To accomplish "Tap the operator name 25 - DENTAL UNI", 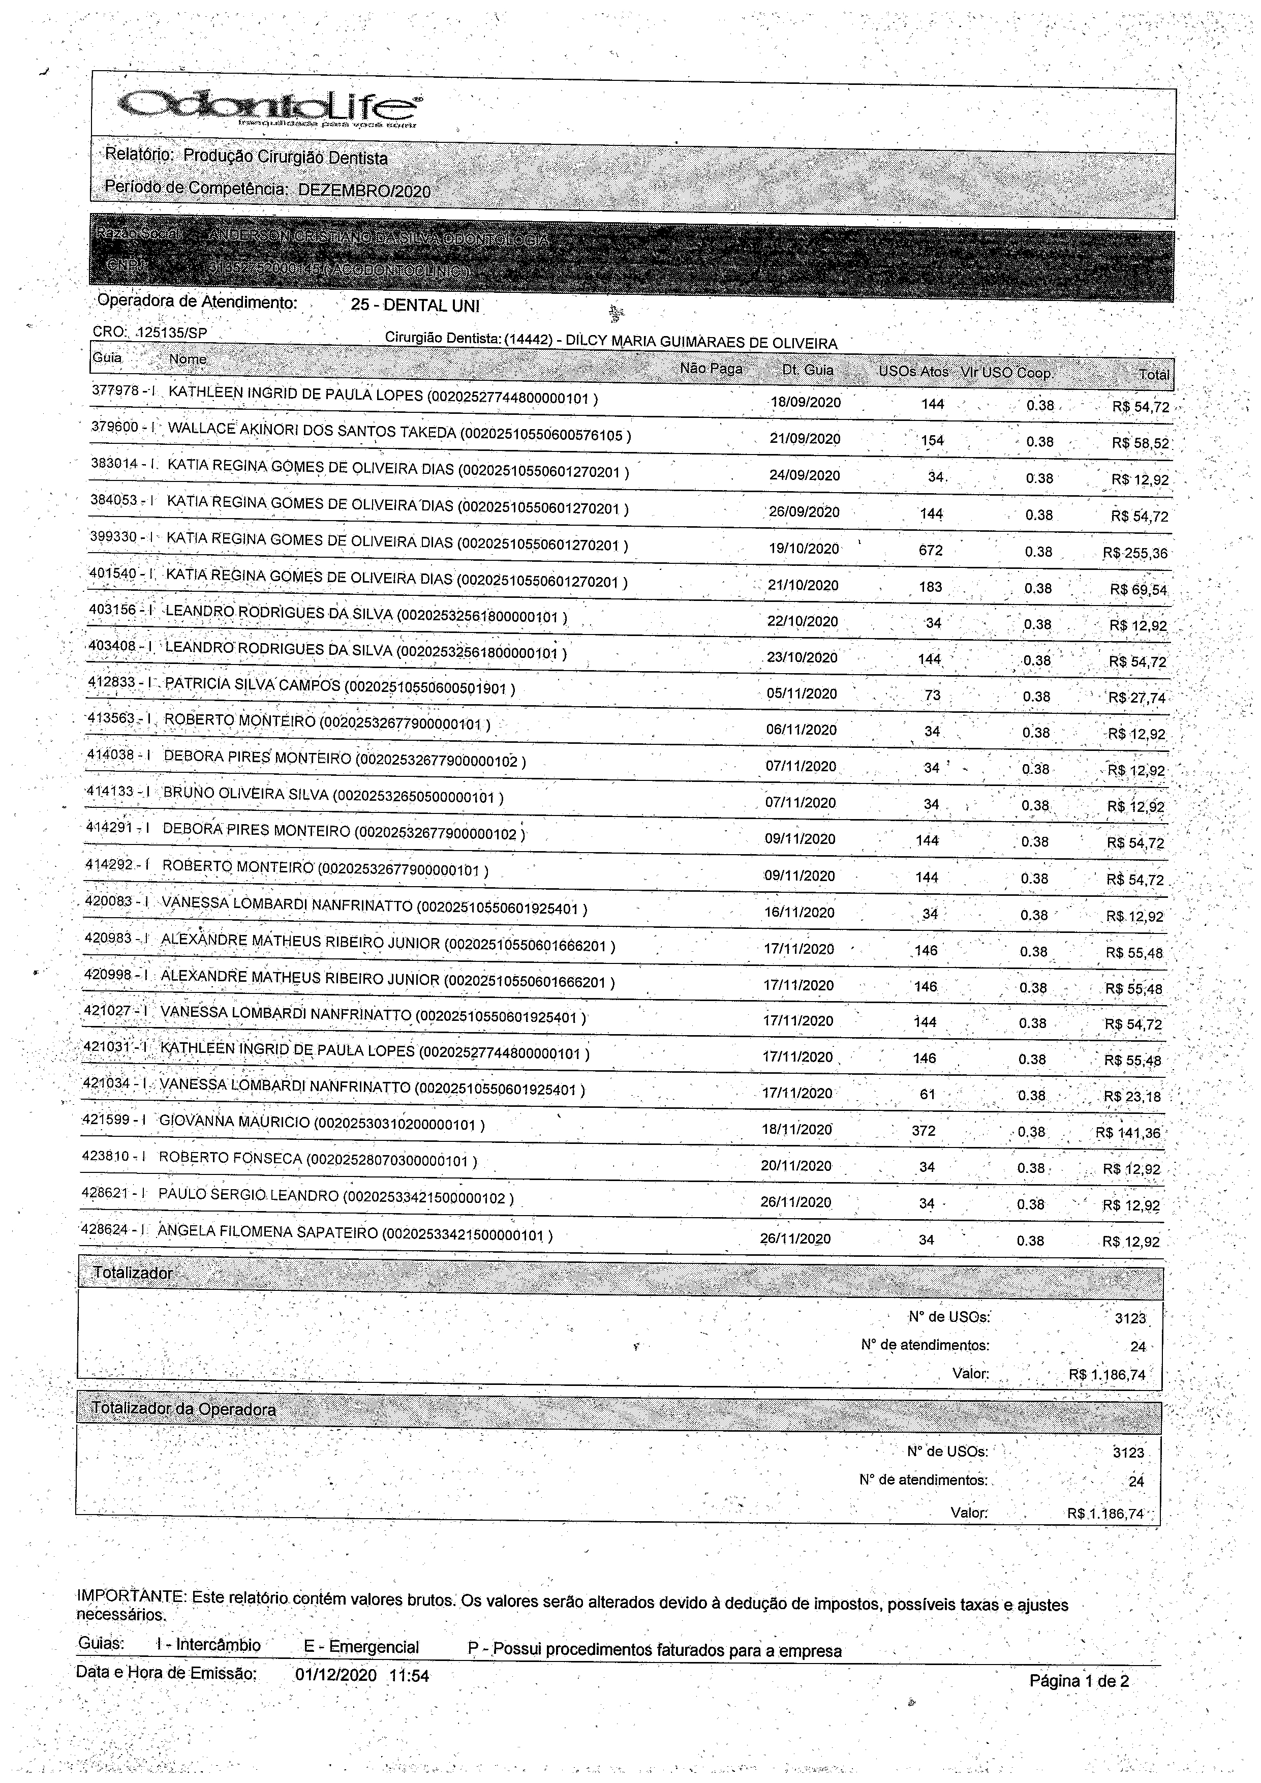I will (x=415, y=305).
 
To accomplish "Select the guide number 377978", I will (x=115, y=390).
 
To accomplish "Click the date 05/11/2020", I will (x=802, y=693).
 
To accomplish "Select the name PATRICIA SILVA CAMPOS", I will (x=253, y=685).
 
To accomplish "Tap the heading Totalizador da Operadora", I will (x=183, y=1409).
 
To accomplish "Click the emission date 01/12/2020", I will (x=335, y=1675).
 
